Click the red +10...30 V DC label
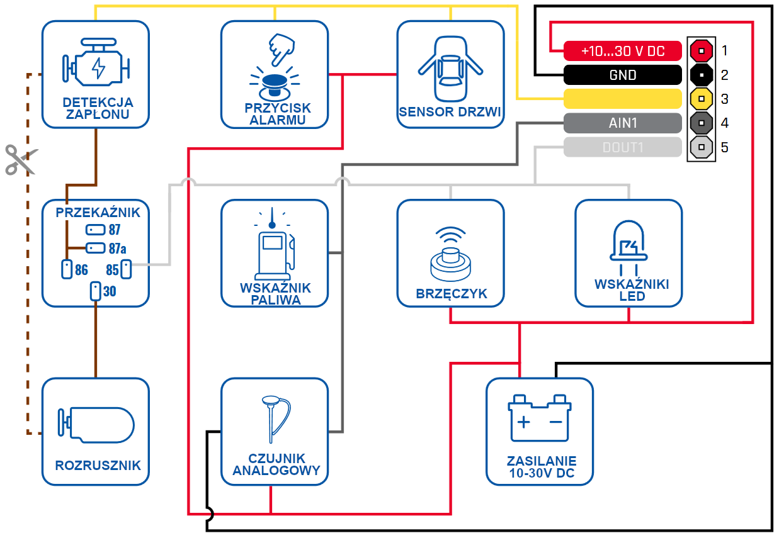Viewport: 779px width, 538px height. pos(622,51)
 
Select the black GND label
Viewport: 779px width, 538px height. pos(622,75)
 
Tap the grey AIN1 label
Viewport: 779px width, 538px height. pos(622,123)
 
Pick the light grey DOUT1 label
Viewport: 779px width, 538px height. pos(622,147)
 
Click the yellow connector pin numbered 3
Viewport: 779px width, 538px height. pos(701,99)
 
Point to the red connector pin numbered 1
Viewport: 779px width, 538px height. pos(701,51)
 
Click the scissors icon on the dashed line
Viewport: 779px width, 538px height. pos(21,160)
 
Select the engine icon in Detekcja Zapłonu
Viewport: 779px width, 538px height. pos(96,62)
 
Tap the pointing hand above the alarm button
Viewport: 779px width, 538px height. pos(281,49)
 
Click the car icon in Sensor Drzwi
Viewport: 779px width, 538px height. pos(450,69)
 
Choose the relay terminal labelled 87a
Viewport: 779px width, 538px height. pos(95,248)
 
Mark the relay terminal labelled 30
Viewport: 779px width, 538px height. pos(95,291)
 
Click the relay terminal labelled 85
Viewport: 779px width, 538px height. pos(126,269)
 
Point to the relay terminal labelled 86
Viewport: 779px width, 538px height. pos(66,269)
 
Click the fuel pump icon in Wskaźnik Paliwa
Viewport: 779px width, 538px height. pos(275,244)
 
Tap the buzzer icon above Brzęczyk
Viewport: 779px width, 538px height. pos(451,254)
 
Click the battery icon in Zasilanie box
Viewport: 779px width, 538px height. pos(540,418)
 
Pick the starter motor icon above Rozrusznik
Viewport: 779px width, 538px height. pos(96,425)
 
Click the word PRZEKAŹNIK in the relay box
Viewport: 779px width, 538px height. pos(98,212)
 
